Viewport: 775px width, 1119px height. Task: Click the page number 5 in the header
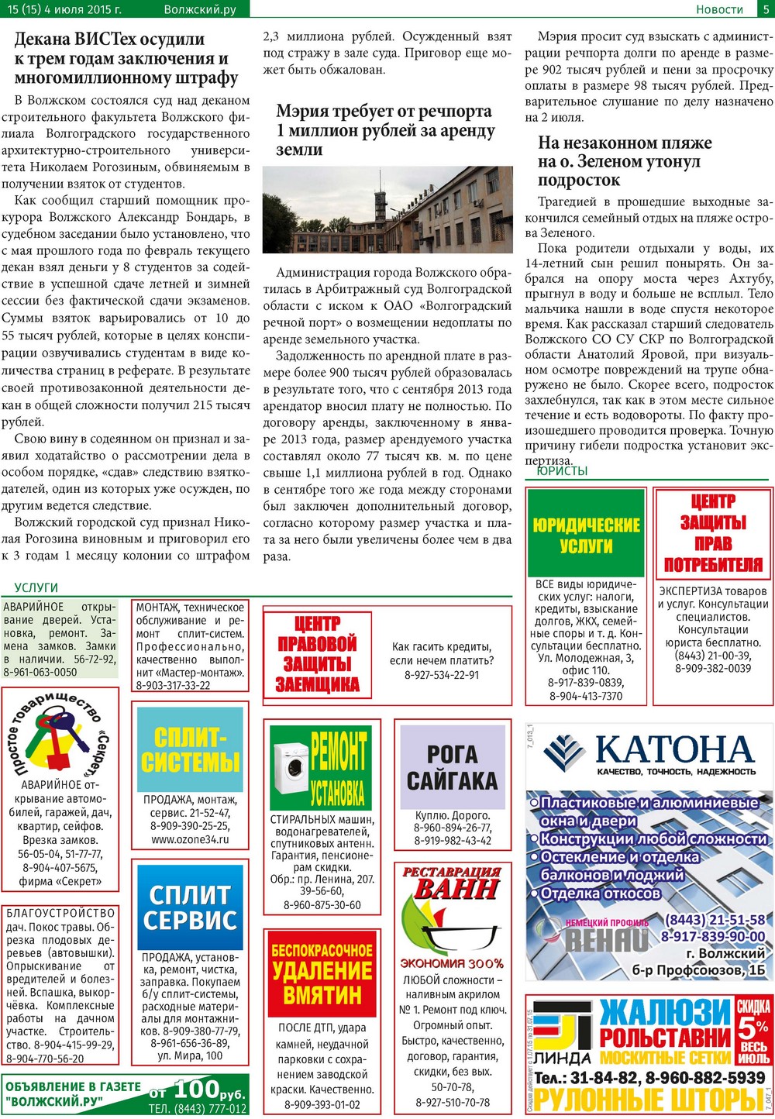(x=765, y=9)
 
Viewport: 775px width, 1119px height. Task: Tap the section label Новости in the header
(x=719, y=9)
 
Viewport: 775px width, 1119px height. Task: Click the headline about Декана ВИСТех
(x=126, y=59)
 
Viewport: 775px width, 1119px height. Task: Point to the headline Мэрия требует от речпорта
(x=385, y=130)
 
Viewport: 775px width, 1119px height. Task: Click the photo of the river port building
(x=387, y=209)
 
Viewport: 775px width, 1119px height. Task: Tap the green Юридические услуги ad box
(x=586, y=533)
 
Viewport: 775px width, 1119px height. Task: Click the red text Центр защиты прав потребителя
(x=713, y=534)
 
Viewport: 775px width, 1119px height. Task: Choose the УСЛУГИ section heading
(x=36, y=587)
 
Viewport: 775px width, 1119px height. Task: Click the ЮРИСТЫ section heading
(x=562, y=471)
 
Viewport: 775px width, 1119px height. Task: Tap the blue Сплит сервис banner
(x=190, y=907)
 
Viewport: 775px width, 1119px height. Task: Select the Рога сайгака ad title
(x=453, y=767)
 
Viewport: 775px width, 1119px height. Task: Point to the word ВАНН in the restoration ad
(x=456, y=888)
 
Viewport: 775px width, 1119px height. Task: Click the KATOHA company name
(x=674, y=749)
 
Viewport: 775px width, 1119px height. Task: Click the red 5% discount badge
(x=753, y=1031)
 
